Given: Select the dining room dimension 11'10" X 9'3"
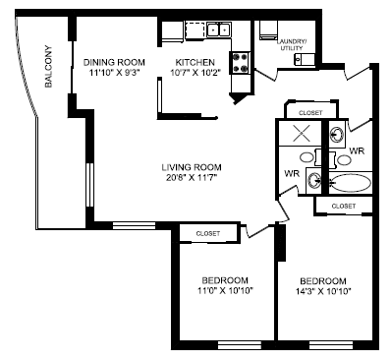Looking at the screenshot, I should [114, 72].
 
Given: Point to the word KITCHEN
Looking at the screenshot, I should [195, 60].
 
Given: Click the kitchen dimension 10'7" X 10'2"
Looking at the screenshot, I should [195, 72].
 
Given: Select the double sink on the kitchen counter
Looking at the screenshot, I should [215, 30].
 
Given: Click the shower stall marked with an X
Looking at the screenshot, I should [300, 134].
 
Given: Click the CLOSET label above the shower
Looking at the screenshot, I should [309, 113].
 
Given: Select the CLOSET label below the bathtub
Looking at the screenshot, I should [344, 206].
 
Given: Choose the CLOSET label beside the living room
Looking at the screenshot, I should [207, 233].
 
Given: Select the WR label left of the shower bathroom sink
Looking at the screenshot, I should [291, 173].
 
